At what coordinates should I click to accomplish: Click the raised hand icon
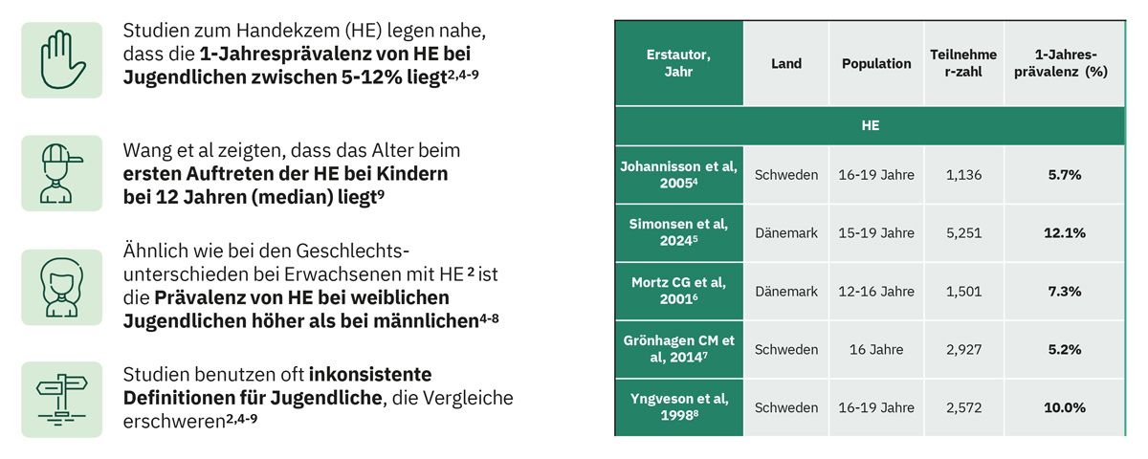coord(61,60)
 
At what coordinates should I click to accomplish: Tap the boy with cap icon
coord(60,174)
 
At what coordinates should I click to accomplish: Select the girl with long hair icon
coord(61,288)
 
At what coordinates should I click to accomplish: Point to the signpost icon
coord(61,400)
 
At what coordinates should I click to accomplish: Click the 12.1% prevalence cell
coord(1065,233)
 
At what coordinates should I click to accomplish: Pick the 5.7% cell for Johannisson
coord(1065,175)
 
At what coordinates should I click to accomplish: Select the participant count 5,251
coord(963,233)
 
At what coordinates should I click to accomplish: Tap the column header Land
coord(786,63)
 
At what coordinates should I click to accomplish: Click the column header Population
coord(876,63)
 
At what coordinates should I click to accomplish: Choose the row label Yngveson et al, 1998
coord(679,407)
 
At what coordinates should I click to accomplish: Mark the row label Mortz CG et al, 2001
coord(678,291)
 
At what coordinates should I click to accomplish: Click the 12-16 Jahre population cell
coord(876,292)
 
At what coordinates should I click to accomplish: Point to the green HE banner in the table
coord(871,125)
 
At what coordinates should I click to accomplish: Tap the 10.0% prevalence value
coord(1065,407)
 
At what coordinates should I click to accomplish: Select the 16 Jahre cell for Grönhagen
coord(876,349)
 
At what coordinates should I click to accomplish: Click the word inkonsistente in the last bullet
coord(370,375)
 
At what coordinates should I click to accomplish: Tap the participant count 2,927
coord(963,349)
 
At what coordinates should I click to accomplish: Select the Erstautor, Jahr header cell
coord(678,63)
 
